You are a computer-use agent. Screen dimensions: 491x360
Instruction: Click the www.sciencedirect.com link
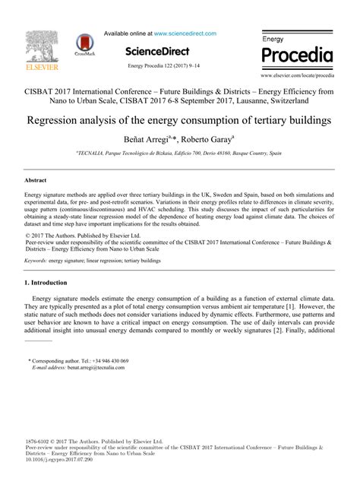coord(185,33)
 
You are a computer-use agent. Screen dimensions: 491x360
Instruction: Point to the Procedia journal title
coord(297,55)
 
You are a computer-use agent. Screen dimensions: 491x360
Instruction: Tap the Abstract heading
coord(36,181)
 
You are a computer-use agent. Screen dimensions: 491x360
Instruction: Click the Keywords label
coord(35,260)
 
